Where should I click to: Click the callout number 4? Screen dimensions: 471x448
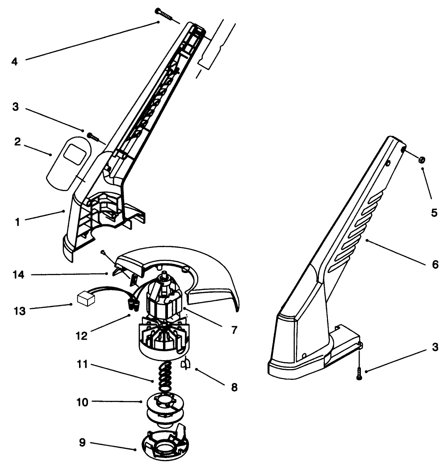(15, 61)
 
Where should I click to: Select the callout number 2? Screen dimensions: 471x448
(17, 142)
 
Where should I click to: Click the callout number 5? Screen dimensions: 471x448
(434, 213)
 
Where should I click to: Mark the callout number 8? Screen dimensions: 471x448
(234, 387)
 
